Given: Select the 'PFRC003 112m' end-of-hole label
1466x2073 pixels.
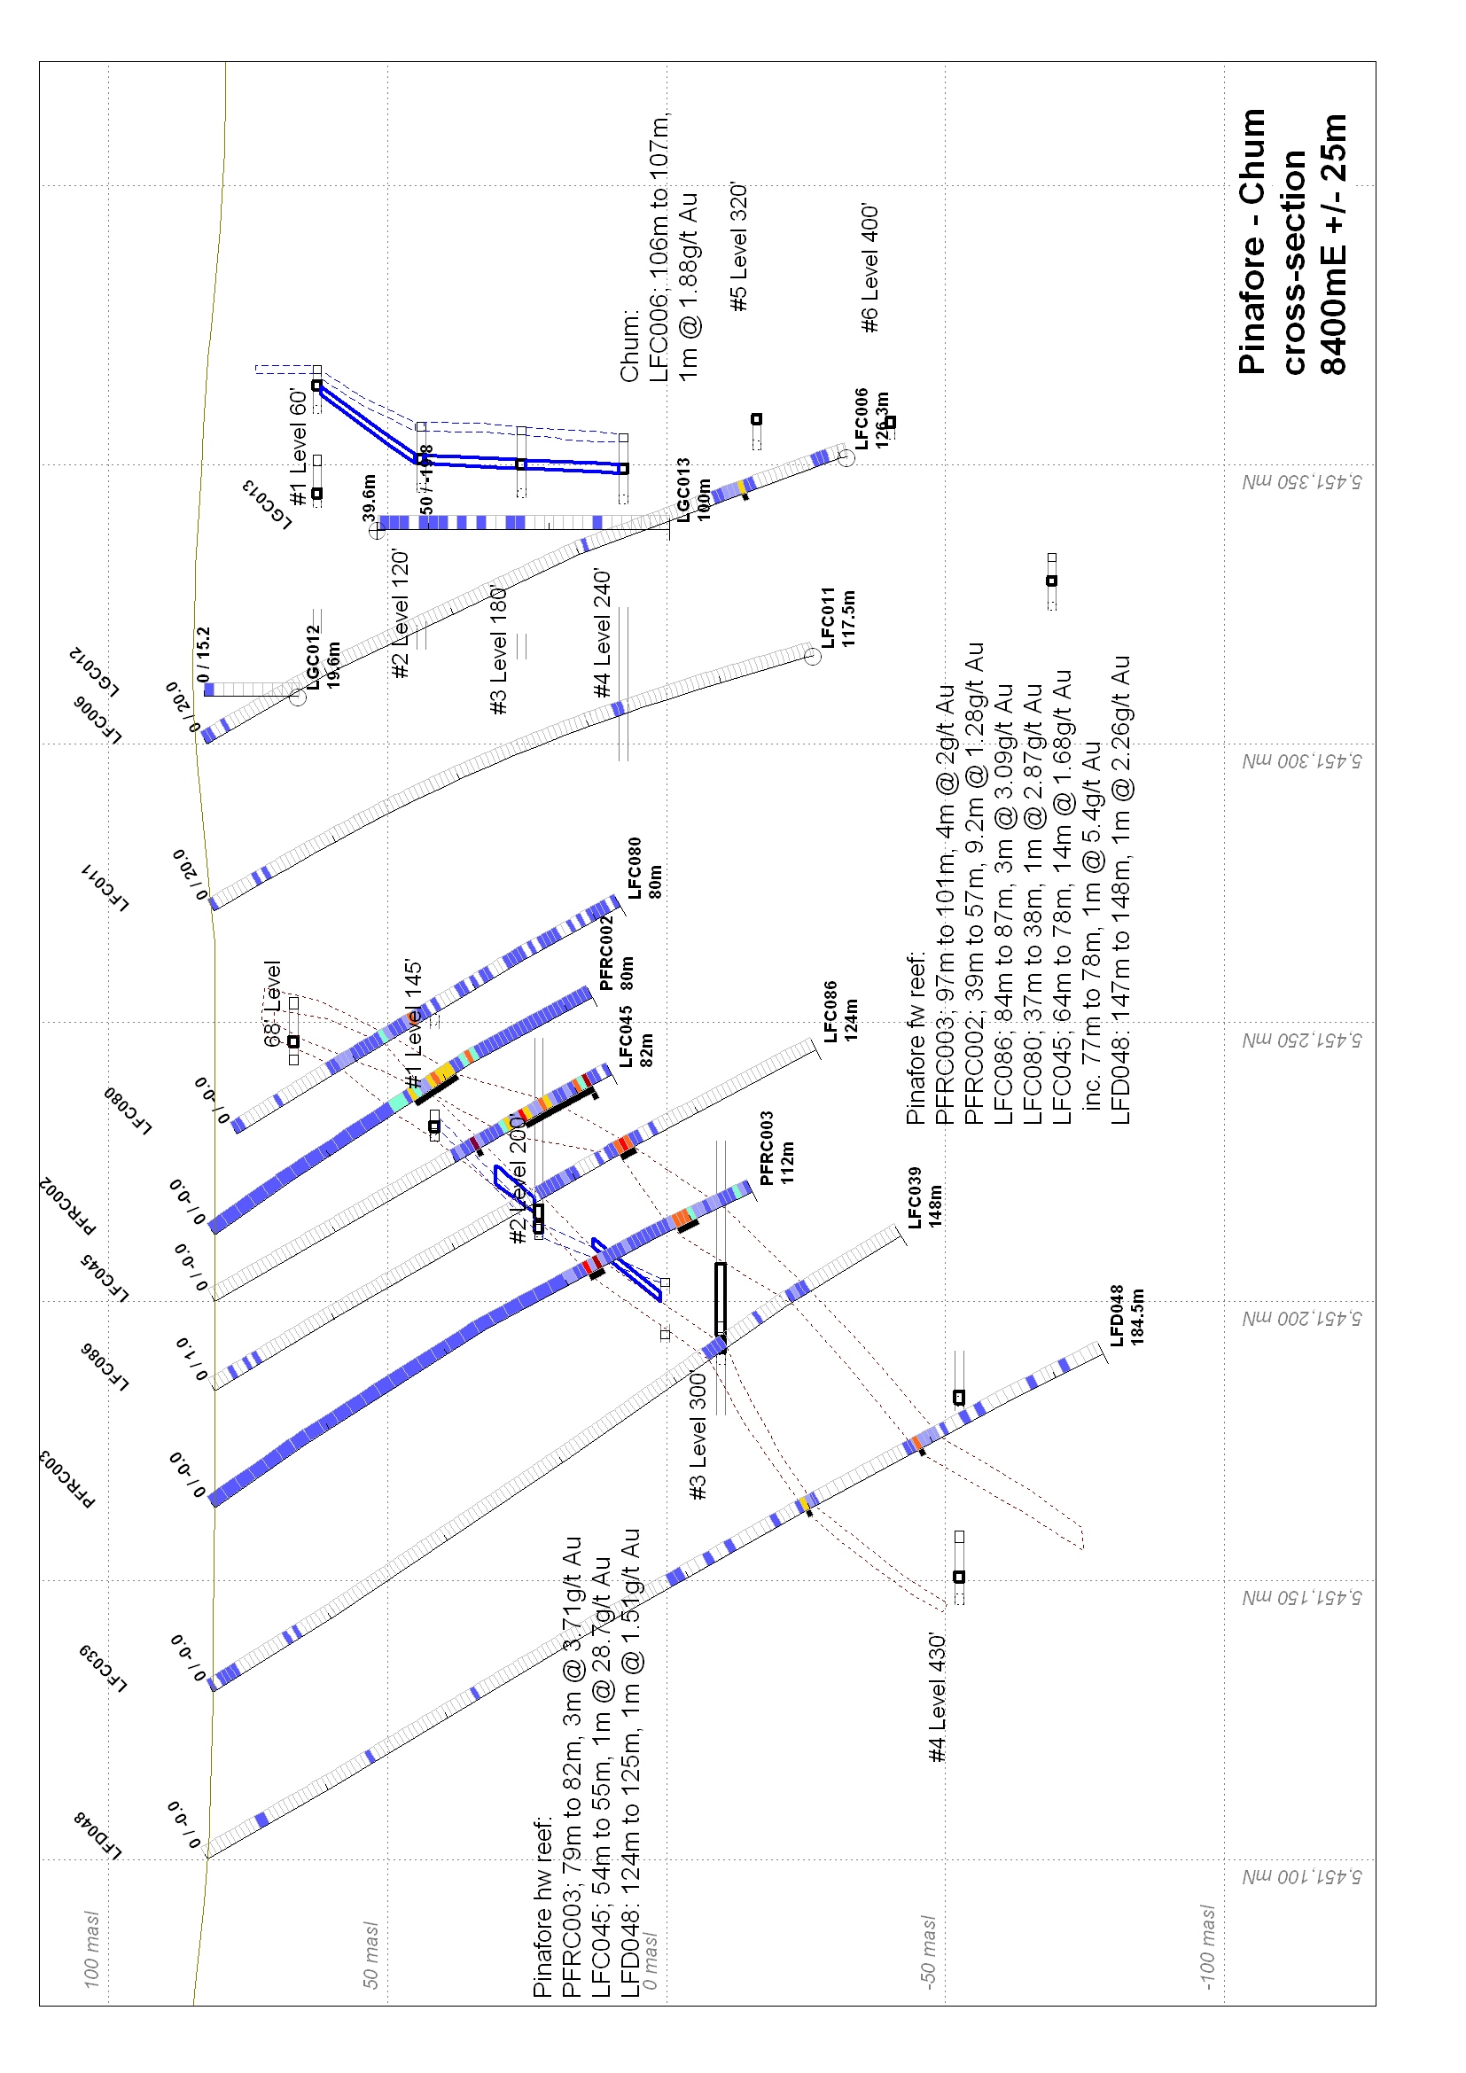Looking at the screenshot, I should coord(776,1148).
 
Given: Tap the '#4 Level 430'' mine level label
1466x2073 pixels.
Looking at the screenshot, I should coord(937,1696).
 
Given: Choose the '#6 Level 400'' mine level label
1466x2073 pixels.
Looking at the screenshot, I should coord(869,269).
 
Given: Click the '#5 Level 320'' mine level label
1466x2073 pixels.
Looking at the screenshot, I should coord(739,247).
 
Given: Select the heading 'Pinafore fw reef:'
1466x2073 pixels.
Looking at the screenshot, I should coord(916,1038).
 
